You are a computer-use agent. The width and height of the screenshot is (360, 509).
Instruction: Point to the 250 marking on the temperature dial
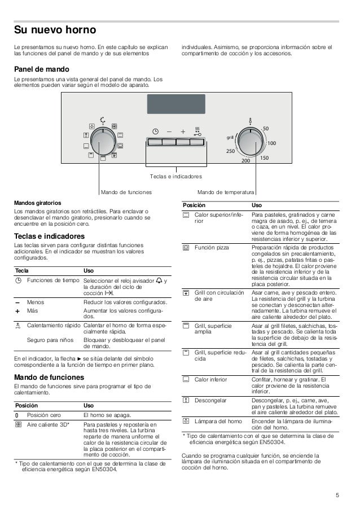[230, 151]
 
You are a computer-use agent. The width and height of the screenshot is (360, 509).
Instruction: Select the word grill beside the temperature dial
[230, 138]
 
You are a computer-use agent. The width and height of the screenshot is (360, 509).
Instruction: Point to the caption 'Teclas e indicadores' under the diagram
[175, 177]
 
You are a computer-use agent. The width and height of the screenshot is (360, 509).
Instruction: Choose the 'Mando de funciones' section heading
[49, 376]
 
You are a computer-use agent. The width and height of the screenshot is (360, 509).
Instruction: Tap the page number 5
[337, 495]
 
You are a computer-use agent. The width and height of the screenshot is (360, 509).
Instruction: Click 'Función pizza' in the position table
[212, 247]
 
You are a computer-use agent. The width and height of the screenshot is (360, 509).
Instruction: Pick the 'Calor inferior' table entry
[210, 380]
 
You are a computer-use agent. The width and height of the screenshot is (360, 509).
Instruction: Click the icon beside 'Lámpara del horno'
[186, 421]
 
